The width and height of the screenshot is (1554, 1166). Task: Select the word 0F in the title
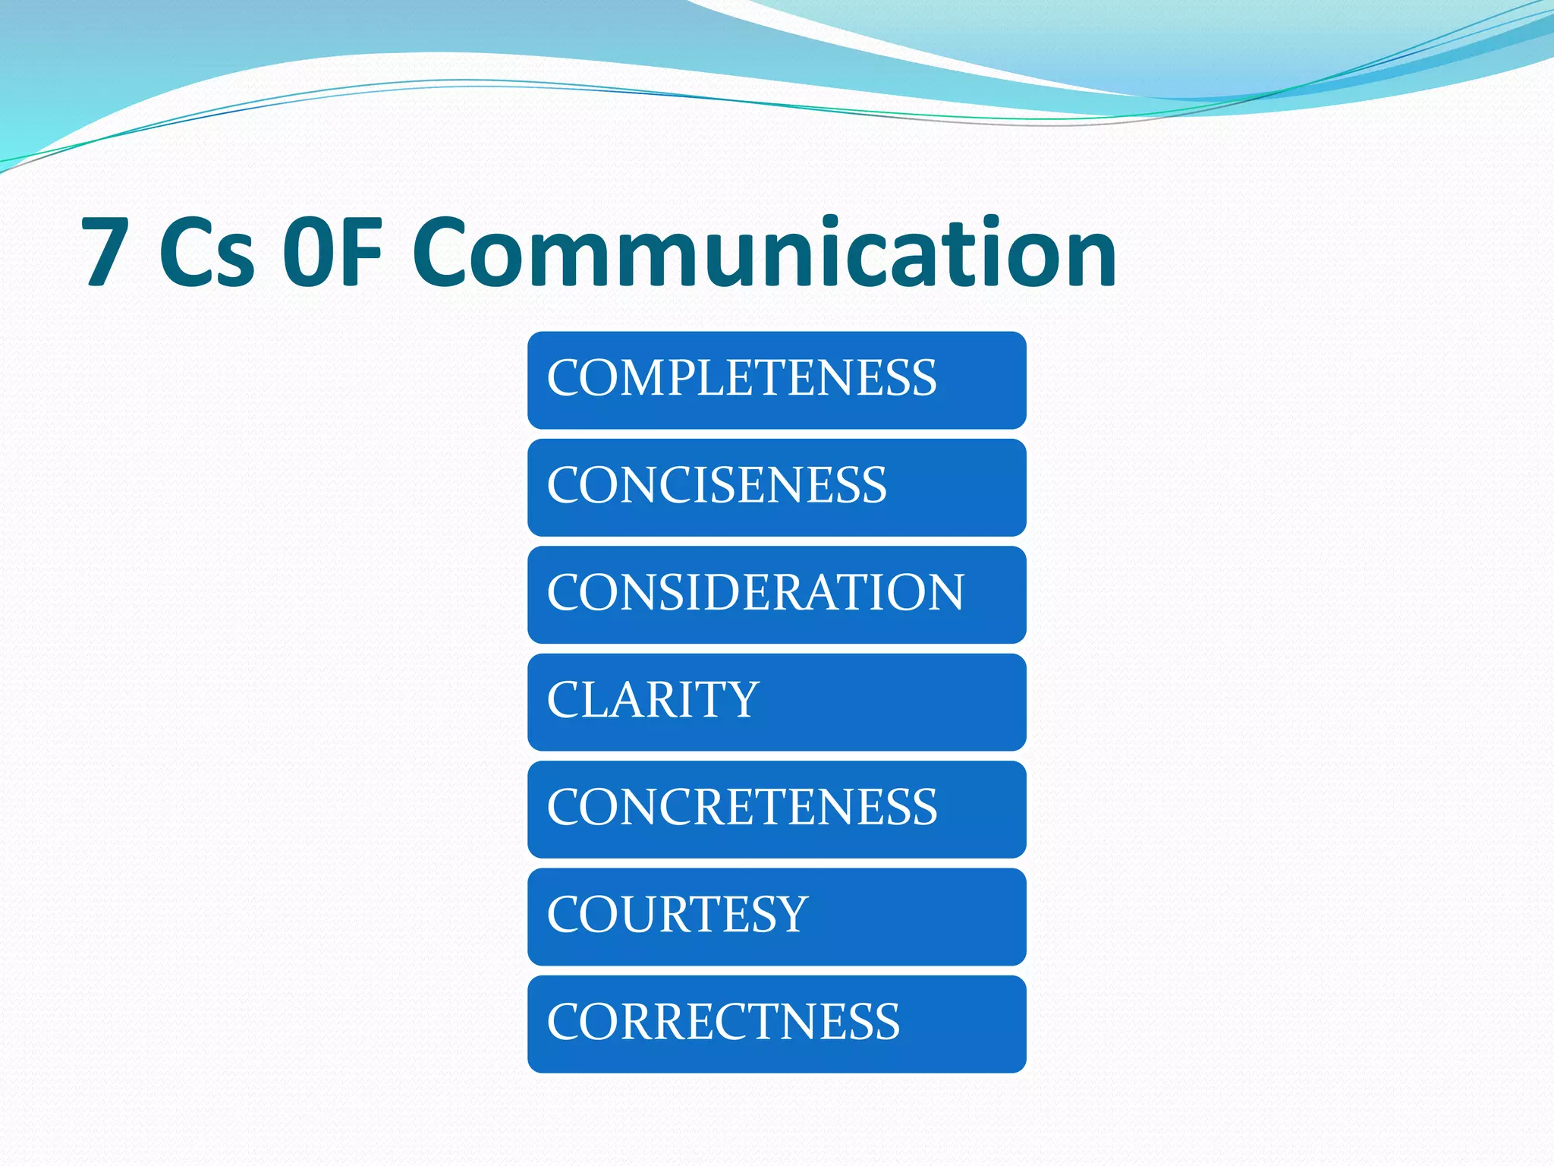[332, 252]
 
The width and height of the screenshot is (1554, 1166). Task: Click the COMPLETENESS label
[742, 378]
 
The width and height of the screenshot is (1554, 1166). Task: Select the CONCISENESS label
[716, 485]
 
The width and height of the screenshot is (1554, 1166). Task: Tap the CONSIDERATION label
[756, 593]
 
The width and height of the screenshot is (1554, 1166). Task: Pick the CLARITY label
[653, 700]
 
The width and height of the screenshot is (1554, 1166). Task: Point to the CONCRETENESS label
[742, 807]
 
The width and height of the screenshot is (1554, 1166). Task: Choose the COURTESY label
[677, 915]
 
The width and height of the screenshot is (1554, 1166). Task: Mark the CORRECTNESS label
[723, 1022]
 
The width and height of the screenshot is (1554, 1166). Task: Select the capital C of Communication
[444, 252]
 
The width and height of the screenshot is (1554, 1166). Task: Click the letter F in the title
[360, 252]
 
